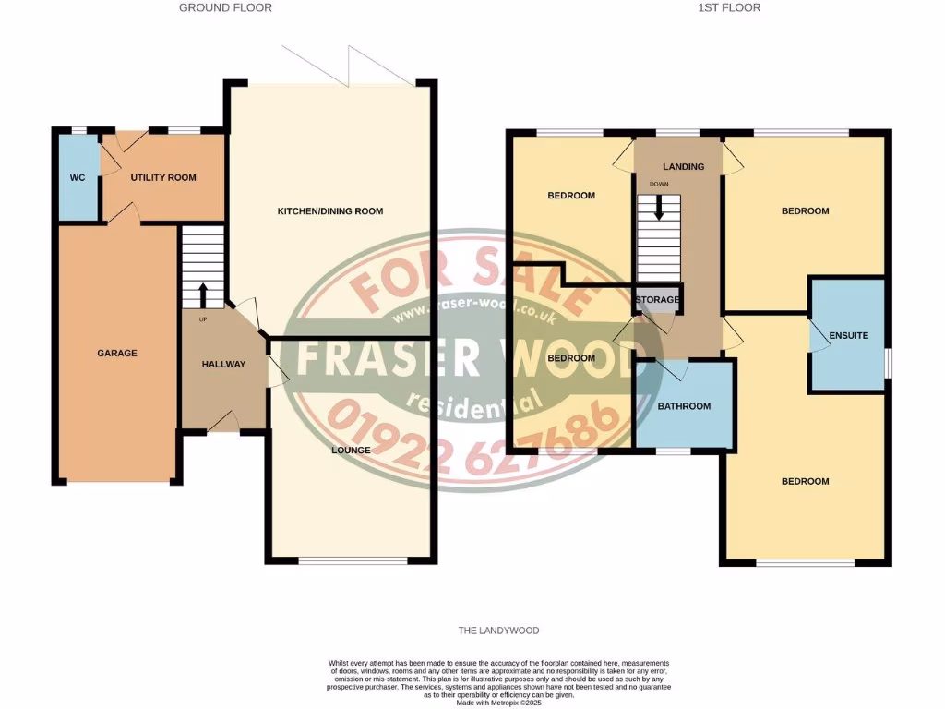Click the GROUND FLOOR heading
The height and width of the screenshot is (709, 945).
[x=225, y=7]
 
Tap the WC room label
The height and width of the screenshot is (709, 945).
[x=78, y=177]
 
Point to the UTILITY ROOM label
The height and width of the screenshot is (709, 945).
[x=163, y=177]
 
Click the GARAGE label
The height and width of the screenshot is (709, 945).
[x=117, y=353]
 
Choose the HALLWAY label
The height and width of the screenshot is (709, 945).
[x=223, y=364]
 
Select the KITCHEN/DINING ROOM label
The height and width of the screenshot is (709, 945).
[x=330, y=211]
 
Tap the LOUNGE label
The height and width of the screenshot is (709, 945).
[x=352, y=451]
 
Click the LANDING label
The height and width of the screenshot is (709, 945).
[x=684, y=167]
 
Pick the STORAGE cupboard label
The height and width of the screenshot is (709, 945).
[x=657, y=300]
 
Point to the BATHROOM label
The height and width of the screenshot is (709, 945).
[x=684, y=406]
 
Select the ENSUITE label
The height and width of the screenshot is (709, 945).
[x=848, y=335]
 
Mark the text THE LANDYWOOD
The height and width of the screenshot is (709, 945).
[x=498, y=631]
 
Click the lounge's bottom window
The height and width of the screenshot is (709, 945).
[x=352, y=559]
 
